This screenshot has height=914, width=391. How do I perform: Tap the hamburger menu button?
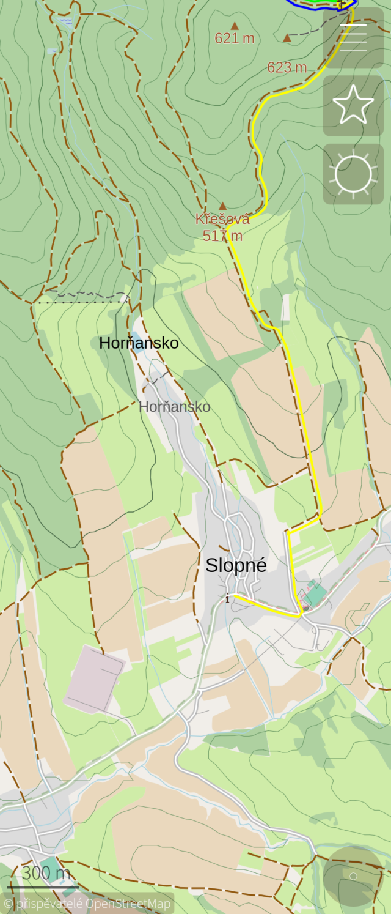coord(353,38)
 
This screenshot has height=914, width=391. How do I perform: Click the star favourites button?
coord(353,106)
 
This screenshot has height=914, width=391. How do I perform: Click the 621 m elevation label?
coord(234,39)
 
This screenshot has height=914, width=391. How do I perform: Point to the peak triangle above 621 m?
coord(235,26)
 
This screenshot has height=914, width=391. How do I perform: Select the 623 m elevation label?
coord(287,67)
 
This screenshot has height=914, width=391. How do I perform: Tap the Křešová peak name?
coord(222,218)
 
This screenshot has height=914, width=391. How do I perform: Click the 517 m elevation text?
coord(222,235)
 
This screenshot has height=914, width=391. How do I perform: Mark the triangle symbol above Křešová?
coord(223,206)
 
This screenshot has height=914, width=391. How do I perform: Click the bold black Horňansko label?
coord(139,343)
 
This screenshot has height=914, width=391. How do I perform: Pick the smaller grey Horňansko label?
coord(174,406)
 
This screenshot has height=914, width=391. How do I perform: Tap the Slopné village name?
coord(236,565)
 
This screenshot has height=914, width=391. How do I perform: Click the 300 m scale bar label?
coord(46,872)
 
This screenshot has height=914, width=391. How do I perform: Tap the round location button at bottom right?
coord(353,876)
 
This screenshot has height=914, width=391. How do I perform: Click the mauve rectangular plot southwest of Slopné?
coord(95,679)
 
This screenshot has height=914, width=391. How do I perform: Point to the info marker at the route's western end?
coord(227,598)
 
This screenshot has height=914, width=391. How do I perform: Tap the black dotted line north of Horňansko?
coord(79,299)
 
